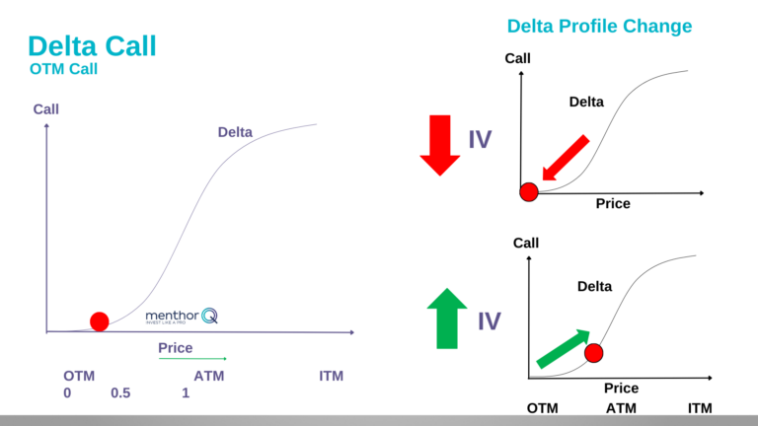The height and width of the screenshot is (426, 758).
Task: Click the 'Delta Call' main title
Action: pos(92,45)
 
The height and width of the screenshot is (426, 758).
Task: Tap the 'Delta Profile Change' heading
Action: pos(599,26)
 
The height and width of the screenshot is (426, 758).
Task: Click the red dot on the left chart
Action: pos(99,320)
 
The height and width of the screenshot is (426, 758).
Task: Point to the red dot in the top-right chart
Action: pos(529,191)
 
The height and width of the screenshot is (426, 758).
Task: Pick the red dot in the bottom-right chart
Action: pos(593,352)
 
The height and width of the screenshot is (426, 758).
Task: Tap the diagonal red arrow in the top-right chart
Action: pos(567,160)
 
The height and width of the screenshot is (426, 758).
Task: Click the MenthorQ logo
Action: pos(182,317)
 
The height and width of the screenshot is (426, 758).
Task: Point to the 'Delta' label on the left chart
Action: pos(235,132)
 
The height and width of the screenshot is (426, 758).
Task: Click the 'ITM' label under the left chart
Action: pos(332,377)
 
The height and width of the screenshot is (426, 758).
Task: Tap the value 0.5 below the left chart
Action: pos(120,392)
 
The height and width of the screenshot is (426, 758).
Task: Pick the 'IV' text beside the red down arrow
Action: pos(480,140)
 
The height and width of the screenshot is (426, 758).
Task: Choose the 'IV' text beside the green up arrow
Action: pos(489,320)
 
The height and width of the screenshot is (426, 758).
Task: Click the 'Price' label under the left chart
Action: pos(176,348)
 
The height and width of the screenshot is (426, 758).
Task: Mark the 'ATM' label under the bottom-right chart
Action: pos(621,408)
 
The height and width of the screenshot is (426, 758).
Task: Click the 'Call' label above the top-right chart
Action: pos(517,59)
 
